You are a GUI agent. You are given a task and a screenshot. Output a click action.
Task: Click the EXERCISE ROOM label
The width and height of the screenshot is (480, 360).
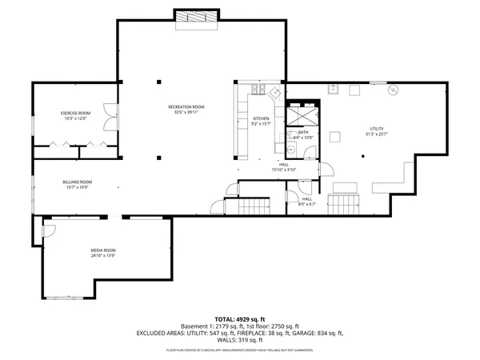coord(76,114)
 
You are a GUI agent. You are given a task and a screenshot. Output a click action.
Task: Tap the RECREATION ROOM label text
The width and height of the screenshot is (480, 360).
coord(186,107)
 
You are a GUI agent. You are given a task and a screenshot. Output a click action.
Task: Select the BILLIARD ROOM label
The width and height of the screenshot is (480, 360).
coord(78,182)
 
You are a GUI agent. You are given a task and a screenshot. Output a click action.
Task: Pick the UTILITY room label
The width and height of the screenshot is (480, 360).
coord(376,128)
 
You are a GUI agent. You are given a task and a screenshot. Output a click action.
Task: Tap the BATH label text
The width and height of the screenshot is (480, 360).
coord(303,133)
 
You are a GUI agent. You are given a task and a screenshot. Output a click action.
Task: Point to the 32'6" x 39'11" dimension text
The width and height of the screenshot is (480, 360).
coord(186,113)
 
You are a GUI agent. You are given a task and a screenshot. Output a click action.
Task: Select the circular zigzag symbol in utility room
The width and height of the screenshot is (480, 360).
coord(392,90)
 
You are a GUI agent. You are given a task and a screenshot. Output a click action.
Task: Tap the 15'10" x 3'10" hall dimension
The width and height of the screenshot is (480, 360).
coord(284,170)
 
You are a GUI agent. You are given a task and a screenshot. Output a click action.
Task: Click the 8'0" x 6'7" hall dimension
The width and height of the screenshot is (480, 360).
coord(307,204)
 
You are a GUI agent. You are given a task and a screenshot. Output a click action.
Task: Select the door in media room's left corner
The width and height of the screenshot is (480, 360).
coord(48,230)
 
